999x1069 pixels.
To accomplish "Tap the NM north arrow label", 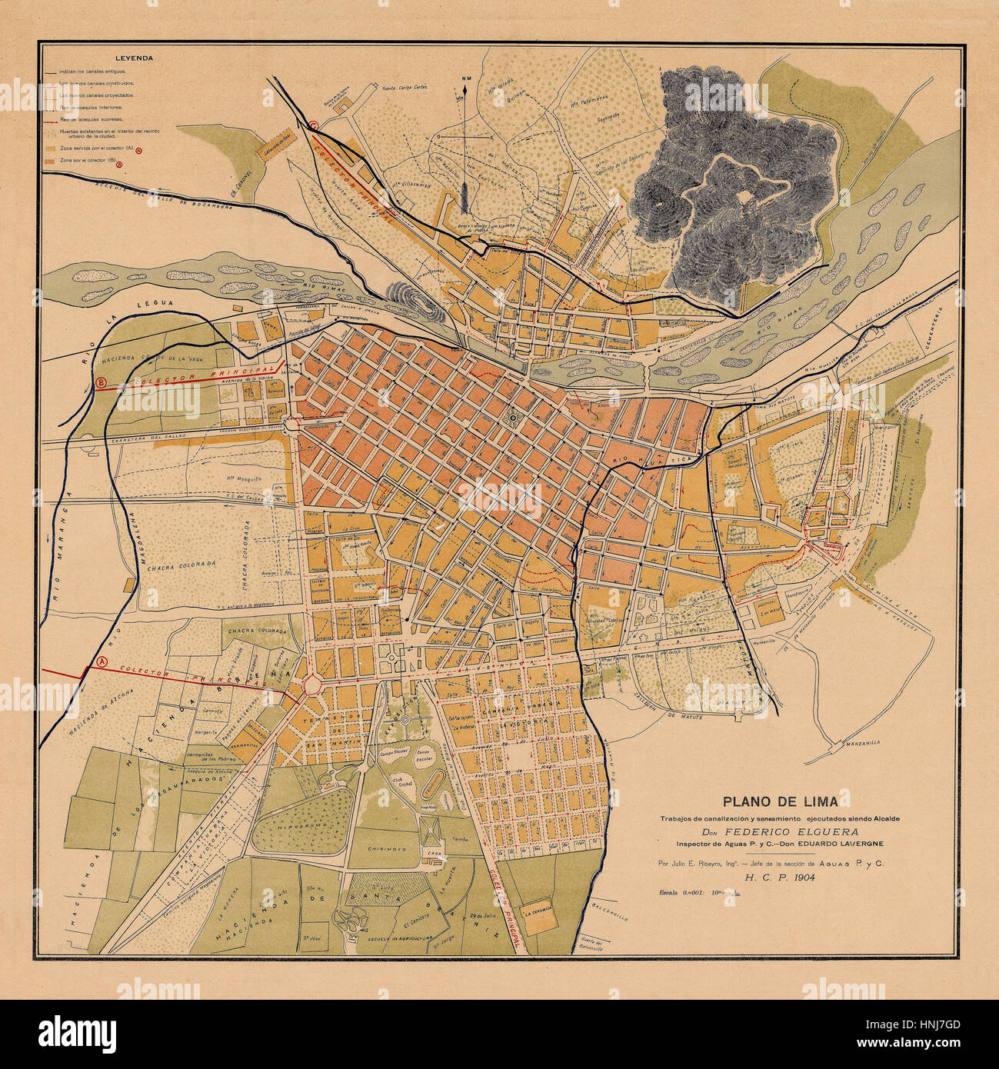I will coord(465,79).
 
